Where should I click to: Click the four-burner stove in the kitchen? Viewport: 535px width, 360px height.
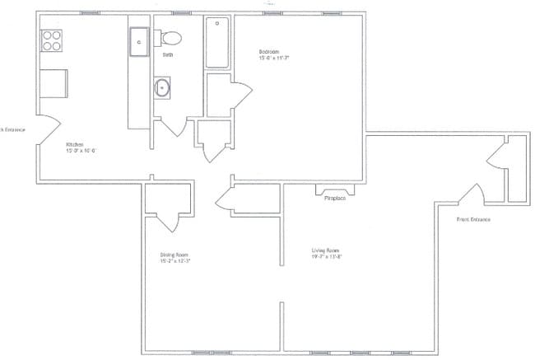pos(51,40)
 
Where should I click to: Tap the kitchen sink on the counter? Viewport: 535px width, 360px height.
pos(138,41)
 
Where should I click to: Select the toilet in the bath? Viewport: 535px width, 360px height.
pos(170,38)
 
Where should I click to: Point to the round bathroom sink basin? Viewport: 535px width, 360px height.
pos(162,86)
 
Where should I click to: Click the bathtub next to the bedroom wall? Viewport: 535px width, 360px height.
pos(218,43)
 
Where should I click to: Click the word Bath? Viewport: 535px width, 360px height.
pos(167,54)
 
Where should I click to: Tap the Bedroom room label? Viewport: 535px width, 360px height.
pos(269,52)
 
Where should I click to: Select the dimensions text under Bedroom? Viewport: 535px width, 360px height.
pos(275,58)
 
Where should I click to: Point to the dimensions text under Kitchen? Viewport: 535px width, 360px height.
pos(82,151)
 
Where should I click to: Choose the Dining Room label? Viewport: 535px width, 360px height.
pos(174,255)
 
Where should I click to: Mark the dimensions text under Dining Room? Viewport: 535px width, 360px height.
pos(175,261)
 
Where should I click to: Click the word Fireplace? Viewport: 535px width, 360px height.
pos(334,199)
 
